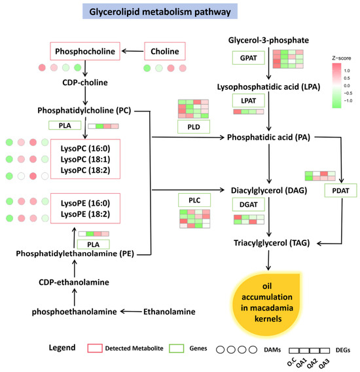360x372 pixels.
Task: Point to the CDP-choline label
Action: point(85,83)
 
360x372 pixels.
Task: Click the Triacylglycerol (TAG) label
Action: point(272,243)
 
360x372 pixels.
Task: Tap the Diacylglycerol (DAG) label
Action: point(269,191)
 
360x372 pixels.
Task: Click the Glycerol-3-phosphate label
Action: point(268,40)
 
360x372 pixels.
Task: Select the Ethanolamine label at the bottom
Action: point(170,312)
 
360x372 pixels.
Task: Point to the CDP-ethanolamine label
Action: point(74,282)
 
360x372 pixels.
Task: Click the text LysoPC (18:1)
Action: point(85,159)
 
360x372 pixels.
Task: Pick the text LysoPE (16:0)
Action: point(85,203)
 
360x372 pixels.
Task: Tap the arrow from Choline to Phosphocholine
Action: point(133,51)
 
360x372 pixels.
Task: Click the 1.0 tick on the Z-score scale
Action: point(347,71)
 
